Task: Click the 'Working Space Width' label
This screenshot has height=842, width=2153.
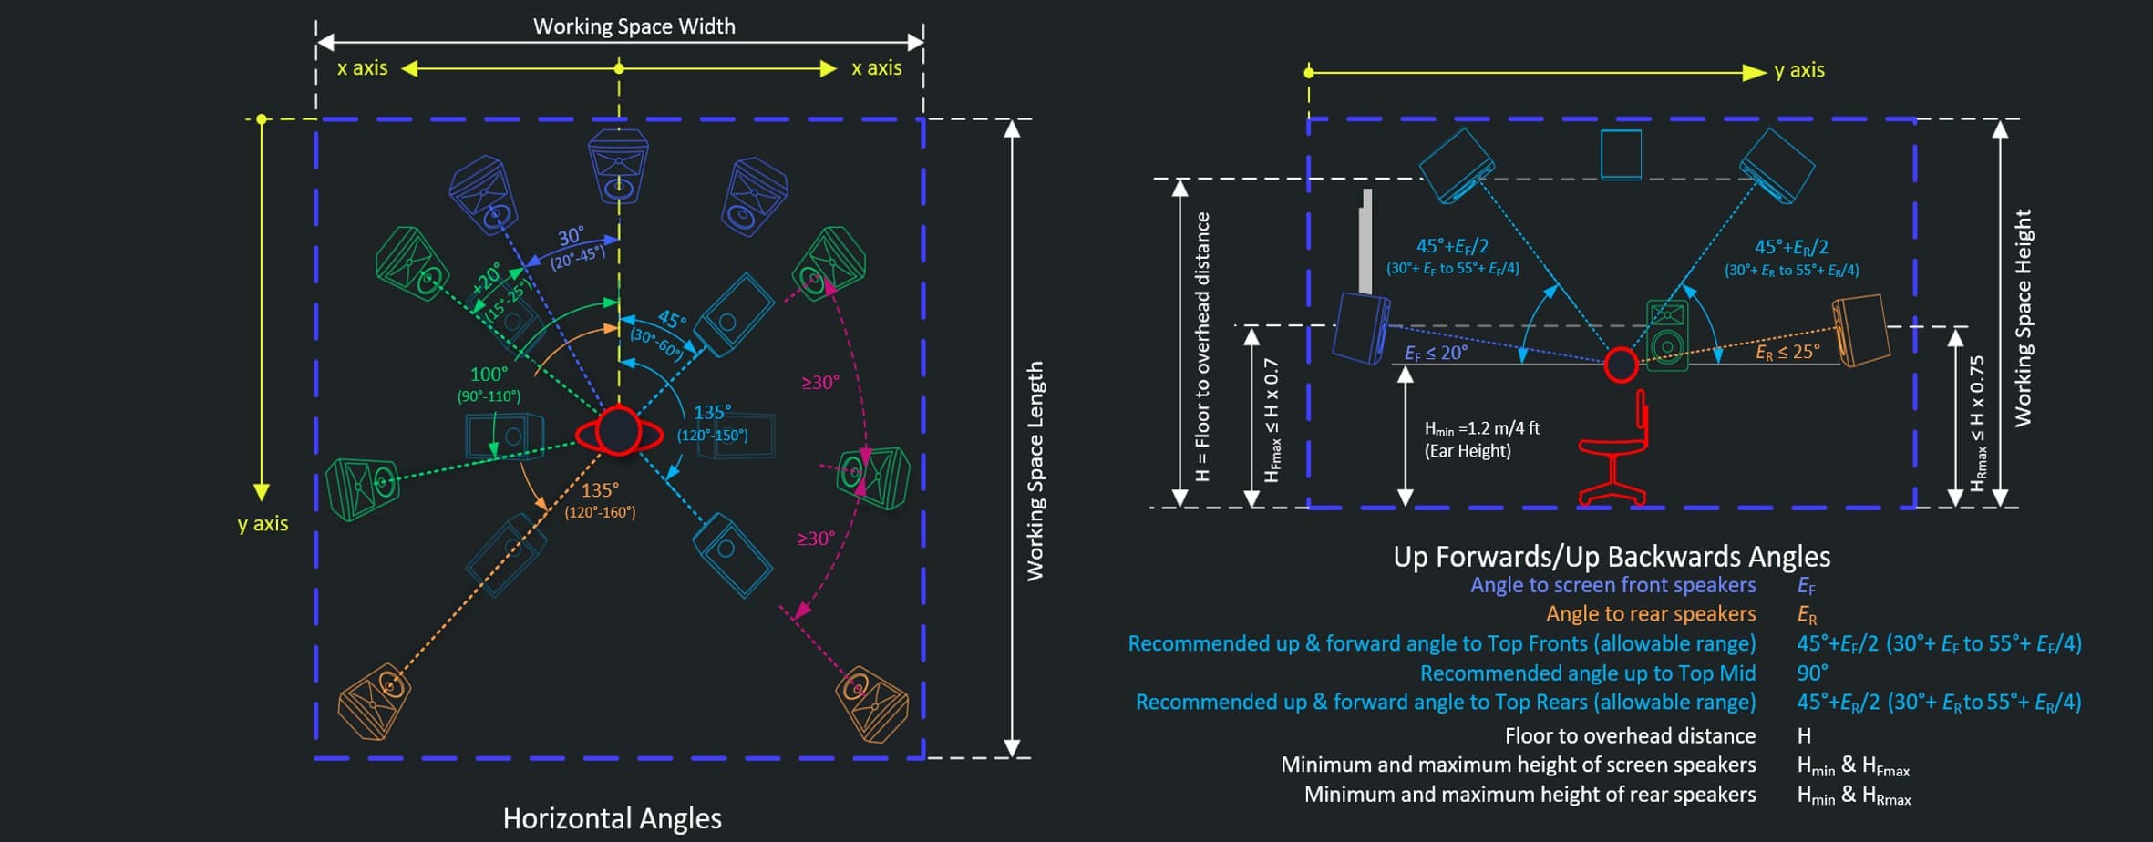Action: (x=634, y=26)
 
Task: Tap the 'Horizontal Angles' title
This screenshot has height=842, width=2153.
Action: (x=612, y=818)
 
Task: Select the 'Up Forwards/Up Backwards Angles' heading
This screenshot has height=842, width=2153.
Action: (x=1612, y=556)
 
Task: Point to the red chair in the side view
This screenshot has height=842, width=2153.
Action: (x=1614, y=449)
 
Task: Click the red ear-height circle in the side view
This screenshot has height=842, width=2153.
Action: (x=1621, y=365)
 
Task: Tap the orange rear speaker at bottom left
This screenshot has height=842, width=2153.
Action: (x=374, y=700)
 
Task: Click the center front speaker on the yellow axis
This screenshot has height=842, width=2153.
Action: (x=618, y=166)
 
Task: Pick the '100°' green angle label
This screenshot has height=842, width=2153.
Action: (x=489, y=375)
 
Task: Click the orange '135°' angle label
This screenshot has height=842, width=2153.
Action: (x=600, y=490)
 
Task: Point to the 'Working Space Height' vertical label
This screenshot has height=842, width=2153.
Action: (x=2023, y=318)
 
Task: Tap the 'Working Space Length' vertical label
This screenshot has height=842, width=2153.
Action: (x=1035, y=471)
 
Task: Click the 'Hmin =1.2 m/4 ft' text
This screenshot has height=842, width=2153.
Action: (x=1482, y=428)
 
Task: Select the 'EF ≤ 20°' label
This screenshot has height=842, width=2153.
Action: (x=1436, y=353)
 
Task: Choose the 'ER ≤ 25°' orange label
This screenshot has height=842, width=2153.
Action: (x=1787, y=352)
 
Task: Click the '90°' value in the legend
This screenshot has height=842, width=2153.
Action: (x=1812, y=673)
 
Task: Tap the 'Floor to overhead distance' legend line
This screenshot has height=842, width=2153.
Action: (x=1630, y=735)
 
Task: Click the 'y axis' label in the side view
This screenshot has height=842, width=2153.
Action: (x=1799, y=70)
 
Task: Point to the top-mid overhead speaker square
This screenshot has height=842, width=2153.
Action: (x=1621, y=154)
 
